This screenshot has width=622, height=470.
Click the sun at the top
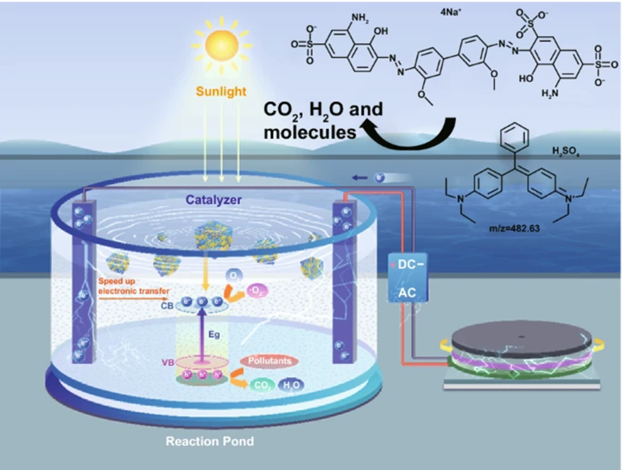(x=222, y=43)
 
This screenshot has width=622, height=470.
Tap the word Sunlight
(x=222, y=91)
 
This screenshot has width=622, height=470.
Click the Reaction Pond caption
(x=210, y=442)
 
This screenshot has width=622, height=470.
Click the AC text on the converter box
(x=407, y=294)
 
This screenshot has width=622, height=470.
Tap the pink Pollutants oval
(x=269, y=361)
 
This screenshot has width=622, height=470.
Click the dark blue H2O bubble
(x=291, y=385)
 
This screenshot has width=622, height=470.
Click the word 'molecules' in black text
(x=310, y=132)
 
